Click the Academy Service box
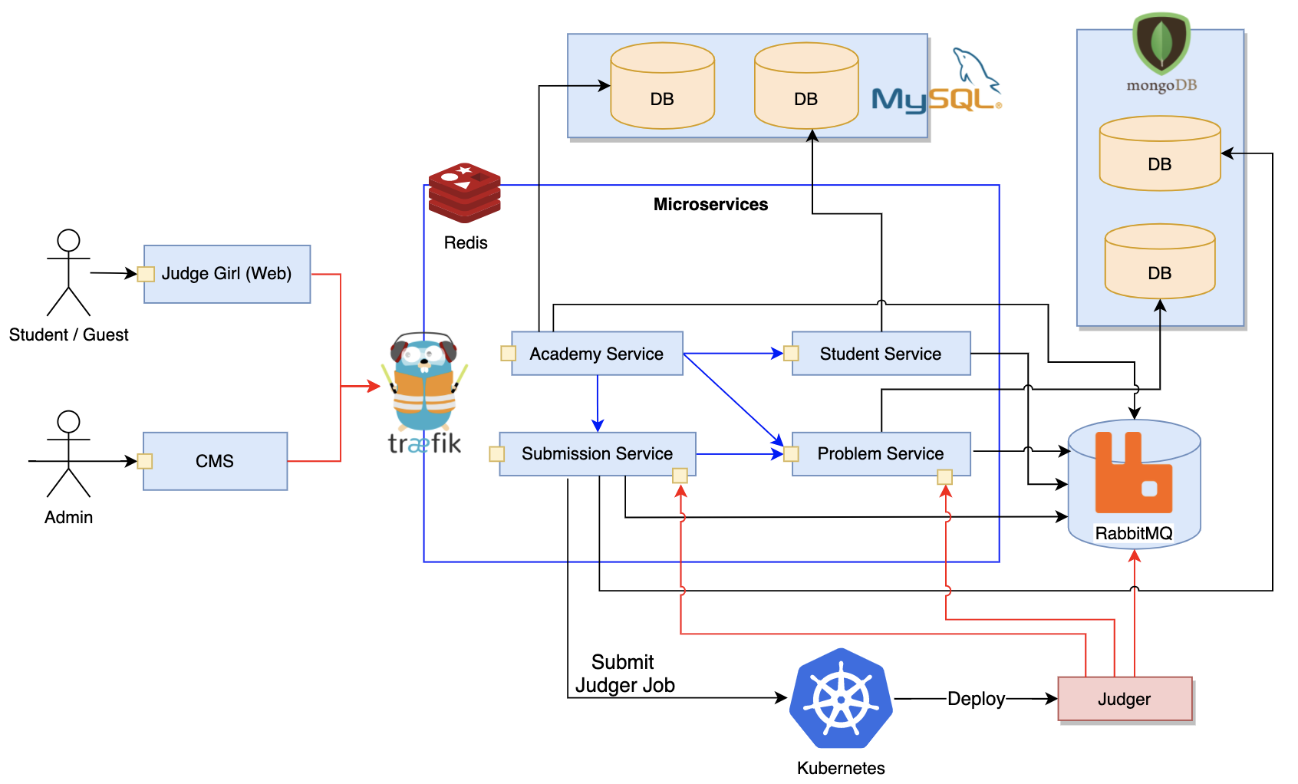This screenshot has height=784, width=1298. [x=597, y=354]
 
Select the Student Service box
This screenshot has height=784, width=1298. [x=881, y=354]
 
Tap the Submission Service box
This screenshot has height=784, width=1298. [x=597, y=454]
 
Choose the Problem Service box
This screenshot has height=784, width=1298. [x=881, y=454]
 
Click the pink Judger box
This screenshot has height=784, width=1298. [x=1125, y=699]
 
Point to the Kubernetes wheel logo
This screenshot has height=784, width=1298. [x=841, y=699]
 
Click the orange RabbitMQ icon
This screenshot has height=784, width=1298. [x=1133, y=473]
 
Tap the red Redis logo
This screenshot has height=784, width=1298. [x=464, y=192]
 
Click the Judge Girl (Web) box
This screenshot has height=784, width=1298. [x=227, y=274]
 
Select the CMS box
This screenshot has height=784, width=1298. [x=215, y=461]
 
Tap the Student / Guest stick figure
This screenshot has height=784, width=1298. [x=68, y=272]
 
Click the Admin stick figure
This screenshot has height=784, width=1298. [x=68, y=454]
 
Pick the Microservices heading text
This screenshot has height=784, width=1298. [x=710, y=204]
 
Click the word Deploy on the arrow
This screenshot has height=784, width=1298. [x=976, y=699]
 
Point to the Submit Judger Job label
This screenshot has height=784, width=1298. [x=624, y=674]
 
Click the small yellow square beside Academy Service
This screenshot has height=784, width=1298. [x=508, y=353]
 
